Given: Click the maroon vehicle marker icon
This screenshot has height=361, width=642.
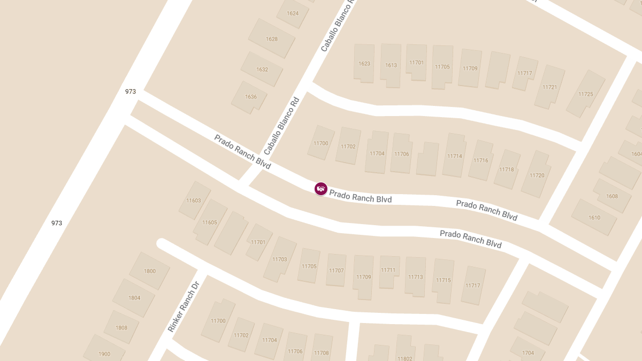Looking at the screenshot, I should (x=320, y=188).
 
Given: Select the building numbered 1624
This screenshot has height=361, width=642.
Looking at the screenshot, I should (x=293, y=13).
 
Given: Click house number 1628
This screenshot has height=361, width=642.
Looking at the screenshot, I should (x=272, y=39).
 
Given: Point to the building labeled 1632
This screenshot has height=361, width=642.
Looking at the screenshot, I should (x=262, y=70).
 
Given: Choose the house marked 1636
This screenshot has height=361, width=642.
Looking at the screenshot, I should (x=250, y=97).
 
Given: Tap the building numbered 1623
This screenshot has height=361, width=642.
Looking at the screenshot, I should (x=364, y=64).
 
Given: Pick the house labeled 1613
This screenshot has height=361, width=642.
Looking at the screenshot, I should (x=391, y=65).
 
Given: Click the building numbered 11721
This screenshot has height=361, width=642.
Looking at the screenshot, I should (x=549, y=87).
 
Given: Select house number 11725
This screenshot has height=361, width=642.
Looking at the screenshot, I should (x=585, y=94).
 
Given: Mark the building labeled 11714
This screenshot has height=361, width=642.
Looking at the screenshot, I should (x=454, y=156).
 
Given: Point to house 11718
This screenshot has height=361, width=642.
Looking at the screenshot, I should (x=506, y=170).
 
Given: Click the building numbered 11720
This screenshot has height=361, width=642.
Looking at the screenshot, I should (x=537, y=175).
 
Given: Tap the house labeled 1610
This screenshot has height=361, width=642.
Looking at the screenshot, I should (x=594, y=218).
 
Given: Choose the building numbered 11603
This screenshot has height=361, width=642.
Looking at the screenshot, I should (x=194, y=201).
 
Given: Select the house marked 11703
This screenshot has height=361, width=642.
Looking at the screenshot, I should (x=279, y=259).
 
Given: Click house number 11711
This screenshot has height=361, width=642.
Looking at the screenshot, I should (x=388, y=270).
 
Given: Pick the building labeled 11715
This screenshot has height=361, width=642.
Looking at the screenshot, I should (x=443, y=280).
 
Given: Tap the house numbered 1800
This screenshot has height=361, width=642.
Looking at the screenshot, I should (x=150, y=271).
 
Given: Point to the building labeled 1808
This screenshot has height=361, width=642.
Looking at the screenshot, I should (x=121, y=328).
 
